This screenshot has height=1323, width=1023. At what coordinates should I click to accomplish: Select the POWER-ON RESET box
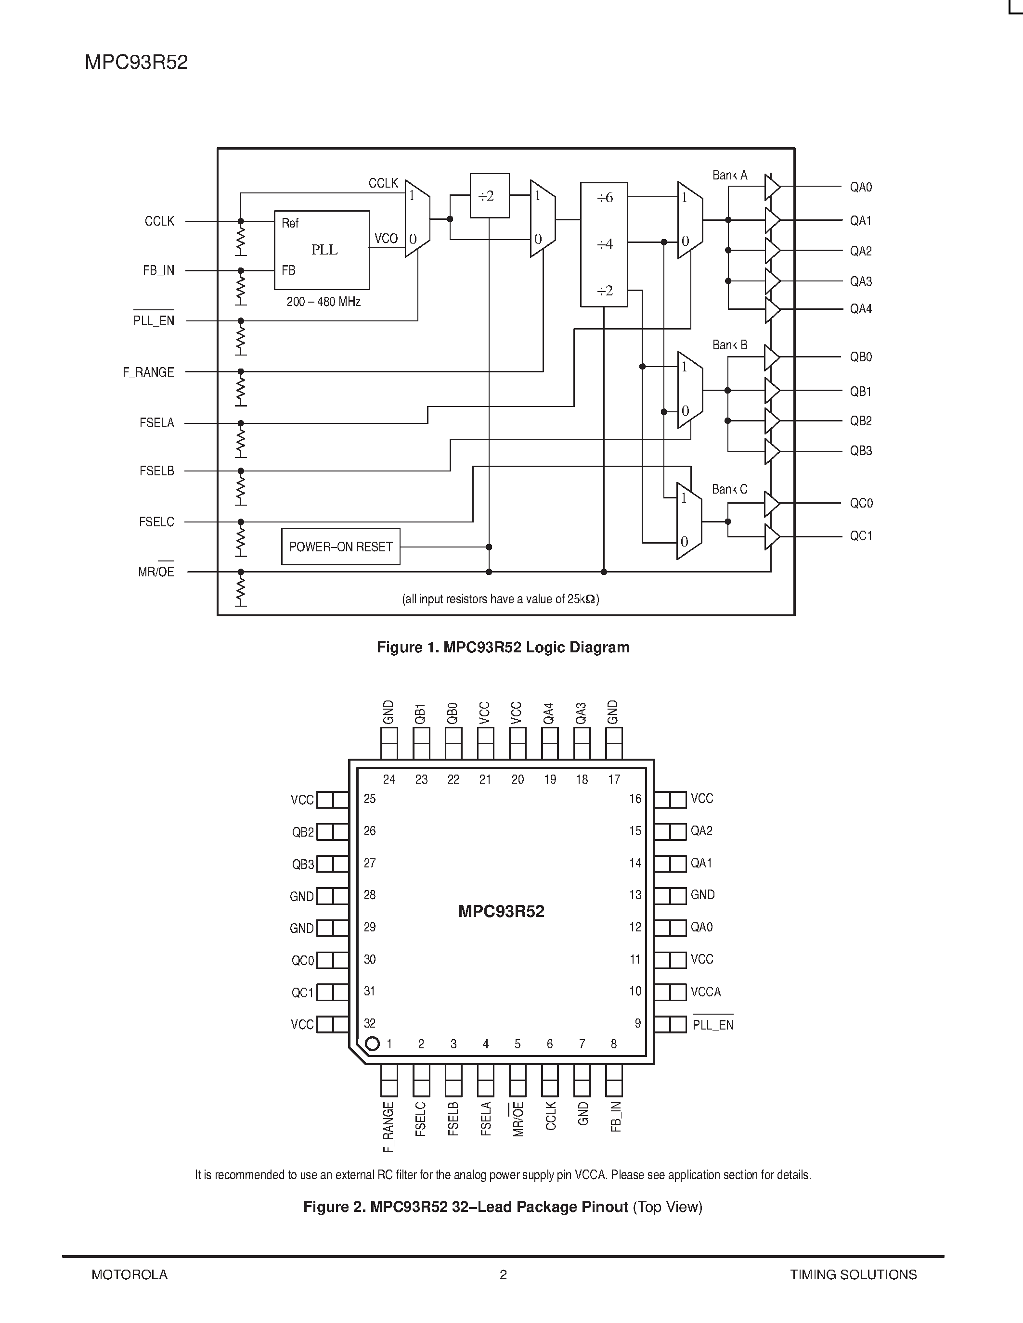tap(340, 547)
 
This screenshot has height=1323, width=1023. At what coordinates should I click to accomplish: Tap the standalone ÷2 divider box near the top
tap(489, 196)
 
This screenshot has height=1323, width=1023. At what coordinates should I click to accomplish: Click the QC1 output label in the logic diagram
tap(861, 536)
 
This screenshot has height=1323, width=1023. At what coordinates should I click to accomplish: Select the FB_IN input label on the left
tap(158, 271)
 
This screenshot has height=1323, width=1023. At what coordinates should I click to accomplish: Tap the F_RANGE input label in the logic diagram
tap(148, 372)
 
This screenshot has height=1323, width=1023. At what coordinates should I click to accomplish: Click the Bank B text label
tap(730, 344)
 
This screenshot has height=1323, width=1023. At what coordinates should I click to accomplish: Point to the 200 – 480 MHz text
tap(324, 302)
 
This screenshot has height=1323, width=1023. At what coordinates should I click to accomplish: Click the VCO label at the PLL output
tap(386, 238)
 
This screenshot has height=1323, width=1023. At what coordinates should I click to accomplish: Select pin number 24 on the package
tap(389, 780)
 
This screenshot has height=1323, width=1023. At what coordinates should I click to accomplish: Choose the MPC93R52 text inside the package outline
tap(501, 911)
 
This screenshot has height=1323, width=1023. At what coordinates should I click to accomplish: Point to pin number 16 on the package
tap(635, 799)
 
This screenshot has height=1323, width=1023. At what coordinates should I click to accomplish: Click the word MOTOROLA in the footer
tap(129, 1274)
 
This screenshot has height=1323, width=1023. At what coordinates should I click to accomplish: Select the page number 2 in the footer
tap(503, 1274)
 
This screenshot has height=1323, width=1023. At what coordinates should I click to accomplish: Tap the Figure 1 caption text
tap(503, 647)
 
